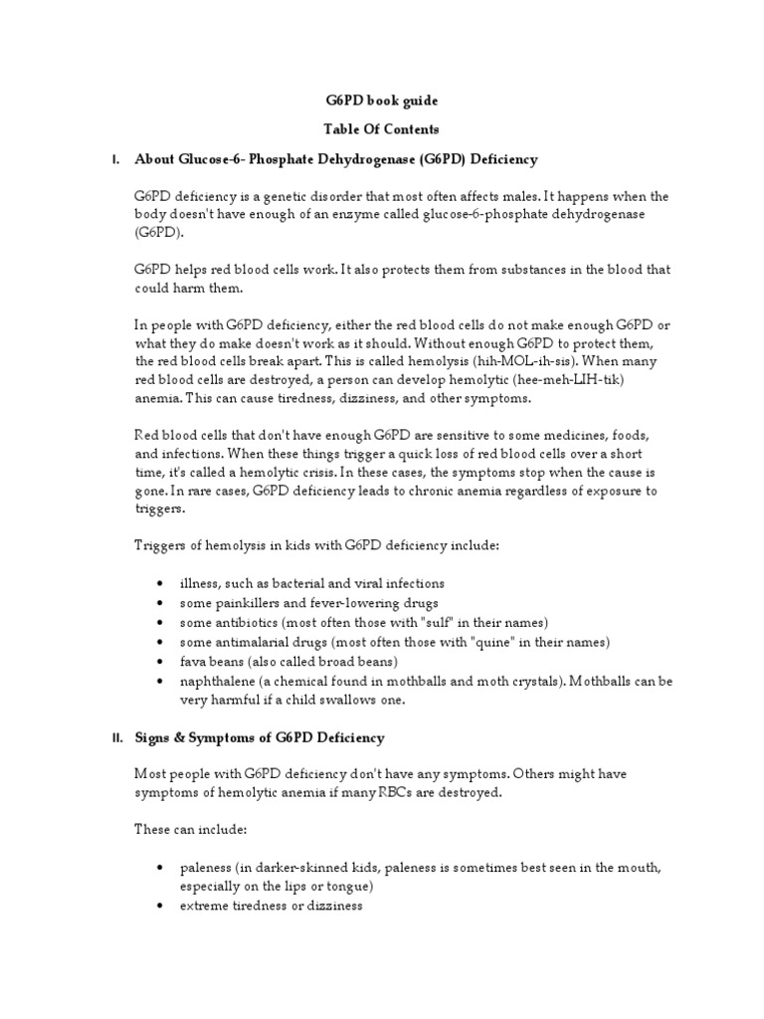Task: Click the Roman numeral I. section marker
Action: click(116, 159)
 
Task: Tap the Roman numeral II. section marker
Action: click(115, 737)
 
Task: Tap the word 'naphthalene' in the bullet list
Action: click(217, 681)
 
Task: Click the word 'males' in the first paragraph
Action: click(513, 197)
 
